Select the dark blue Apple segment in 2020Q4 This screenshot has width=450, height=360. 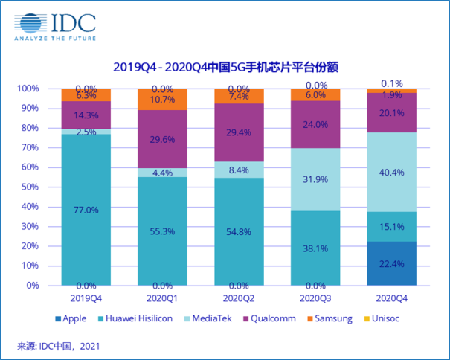click(x=391, y=263)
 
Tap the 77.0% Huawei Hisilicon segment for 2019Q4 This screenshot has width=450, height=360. click(x=86, y=210)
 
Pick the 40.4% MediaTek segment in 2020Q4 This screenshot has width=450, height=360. click(x=391, y=172)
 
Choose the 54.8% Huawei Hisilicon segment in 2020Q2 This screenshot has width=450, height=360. click(x=239, y=231)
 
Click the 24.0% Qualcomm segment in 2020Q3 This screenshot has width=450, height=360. click(x=315, y=124)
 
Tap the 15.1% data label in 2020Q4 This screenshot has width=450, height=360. click(x=391, y=227)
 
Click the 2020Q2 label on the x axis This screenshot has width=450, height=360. click(x=239, y=298)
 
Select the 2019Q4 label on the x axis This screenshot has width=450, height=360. click(x=86, y=298)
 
